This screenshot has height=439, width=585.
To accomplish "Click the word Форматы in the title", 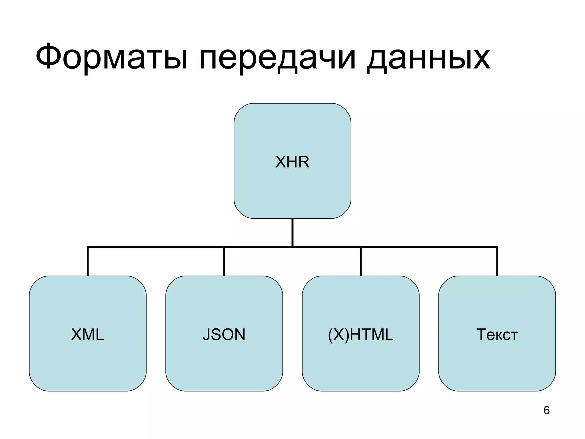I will [111, 57].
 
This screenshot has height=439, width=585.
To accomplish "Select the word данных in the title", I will [428, 57].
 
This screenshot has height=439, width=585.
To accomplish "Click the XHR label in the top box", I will [292, 162].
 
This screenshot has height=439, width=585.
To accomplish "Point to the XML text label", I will [87, 334].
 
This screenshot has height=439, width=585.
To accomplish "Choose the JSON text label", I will [224, 334].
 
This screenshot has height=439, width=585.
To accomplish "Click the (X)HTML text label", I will [360, 334].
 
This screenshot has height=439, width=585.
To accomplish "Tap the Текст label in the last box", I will [497, 334].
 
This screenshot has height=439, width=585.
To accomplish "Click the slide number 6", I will [546, 410].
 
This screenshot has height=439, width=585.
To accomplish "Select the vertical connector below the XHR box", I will [292, 232].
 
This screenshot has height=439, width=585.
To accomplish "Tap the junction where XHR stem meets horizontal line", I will [292, 247].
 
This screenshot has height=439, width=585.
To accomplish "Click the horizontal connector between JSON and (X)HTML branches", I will [326, 247].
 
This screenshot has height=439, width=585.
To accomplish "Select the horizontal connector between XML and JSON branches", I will [156, 247].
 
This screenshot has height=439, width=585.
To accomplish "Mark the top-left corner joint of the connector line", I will [88, 247].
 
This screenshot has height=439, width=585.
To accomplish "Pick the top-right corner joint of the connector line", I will [497, 247].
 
